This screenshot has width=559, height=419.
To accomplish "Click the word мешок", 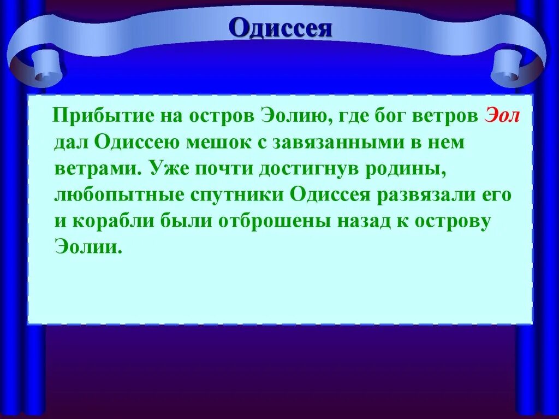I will [216, 143].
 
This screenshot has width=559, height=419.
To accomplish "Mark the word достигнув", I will [296, 168].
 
